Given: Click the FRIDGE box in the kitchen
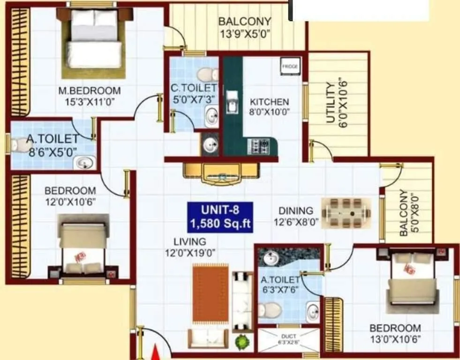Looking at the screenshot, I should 290,67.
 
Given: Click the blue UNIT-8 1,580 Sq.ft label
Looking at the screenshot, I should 220,217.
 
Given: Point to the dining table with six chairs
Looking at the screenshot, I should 346,213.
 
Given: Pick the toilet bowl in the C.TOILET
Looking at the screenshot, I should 206,74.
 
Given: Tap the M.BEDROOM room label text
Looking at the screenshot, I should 89,90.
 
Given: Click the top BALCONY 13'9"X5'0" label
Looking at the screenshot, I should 244,27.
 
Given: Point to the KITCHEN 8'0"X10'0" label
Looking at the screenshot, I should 269,106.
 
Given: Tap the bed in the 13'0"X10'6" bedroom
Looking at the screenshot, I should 411,278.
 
